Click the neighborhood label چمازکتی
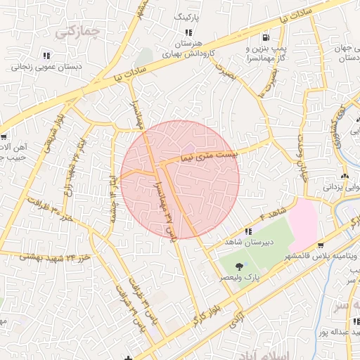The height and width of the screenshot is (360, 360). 78,31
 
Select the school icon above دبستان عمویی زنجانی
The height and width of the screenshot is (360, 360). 46,55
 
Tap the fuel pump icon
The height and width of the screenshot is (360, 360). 264,37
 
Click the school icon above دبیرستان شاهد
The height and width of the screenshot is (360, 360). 247,231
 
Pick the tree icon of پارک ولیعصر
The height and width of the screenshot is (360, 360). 240,266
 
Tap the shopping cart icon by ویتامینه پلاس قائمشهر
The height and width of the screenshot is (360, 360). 321,246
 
